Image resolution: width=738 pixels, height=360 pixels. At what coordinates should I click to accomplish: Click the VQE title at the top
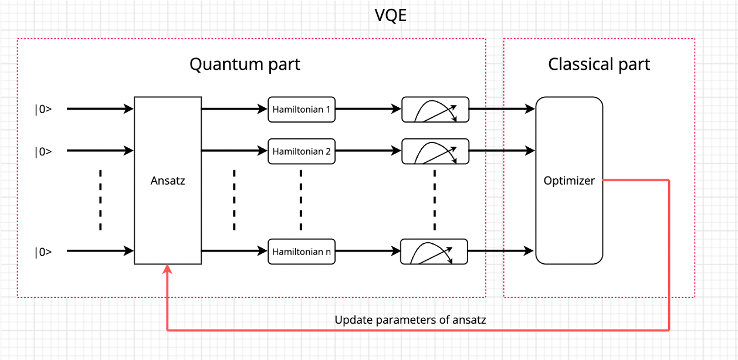[x=391, y=16]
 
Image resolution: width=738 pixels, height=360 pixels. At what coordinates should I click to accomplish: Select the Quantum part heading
[x=245, y=64]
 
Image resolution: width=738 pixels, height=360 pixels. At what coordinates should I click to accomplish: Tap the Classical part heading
[x=599, y=64]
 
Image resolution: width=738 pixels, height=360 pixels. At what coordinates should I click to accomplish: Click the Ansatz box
[x=168, y=181]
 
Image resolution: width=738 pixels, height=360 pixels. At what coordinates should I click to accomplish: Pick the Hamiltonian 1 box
[x=302, y=109]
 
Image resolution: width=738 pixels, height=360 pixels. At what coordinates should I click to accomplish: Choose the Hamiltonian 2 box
[x=302, y=151]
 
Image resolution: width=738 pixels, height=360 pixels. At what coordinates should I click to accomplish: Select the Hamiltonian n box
[x=302, y=252]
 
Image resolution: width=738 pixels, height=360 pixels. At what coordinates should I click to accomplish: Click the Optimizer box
[x=569, y=181]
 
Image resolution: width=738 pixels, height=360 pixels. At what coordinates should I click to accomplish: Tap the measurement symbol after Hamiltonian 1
[x=435, y=110]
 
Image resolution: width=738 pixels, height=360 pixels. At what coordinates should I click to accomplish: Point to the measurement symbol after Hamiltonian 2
[x=435, y=151]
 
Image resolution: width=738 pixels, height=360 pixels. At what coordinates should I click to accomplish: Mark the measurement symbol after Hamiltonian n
[x=434, y=252]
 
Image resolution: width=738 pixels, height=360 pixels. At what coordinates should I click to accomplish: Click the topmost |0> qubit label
[x=43, y=109]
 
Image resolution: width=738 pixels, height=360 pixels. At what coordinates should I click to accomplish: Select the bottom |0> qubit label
[x=43, y=252]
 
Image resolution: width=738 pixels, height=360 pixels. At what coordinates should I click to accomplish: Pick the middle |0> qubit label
[x=43, y=151]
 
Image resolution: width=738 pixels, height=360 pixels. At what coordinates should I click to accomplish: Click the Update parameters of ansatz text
[x=410, y=320]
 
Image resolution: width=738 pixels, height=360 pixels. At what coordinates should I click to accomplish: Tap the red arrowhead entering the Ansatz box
[x=168, y=269]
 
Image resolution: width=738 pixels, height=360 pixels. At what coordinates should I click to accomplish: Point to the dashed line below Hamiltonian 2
[x=301, y=199]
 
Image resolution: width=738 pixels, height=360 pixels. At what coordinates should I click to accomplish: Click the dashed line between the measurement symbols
[x=435, y=199]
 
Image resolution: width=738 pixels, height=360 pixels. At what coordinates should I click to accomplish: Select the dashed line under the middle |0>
[x=100, y=199]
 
